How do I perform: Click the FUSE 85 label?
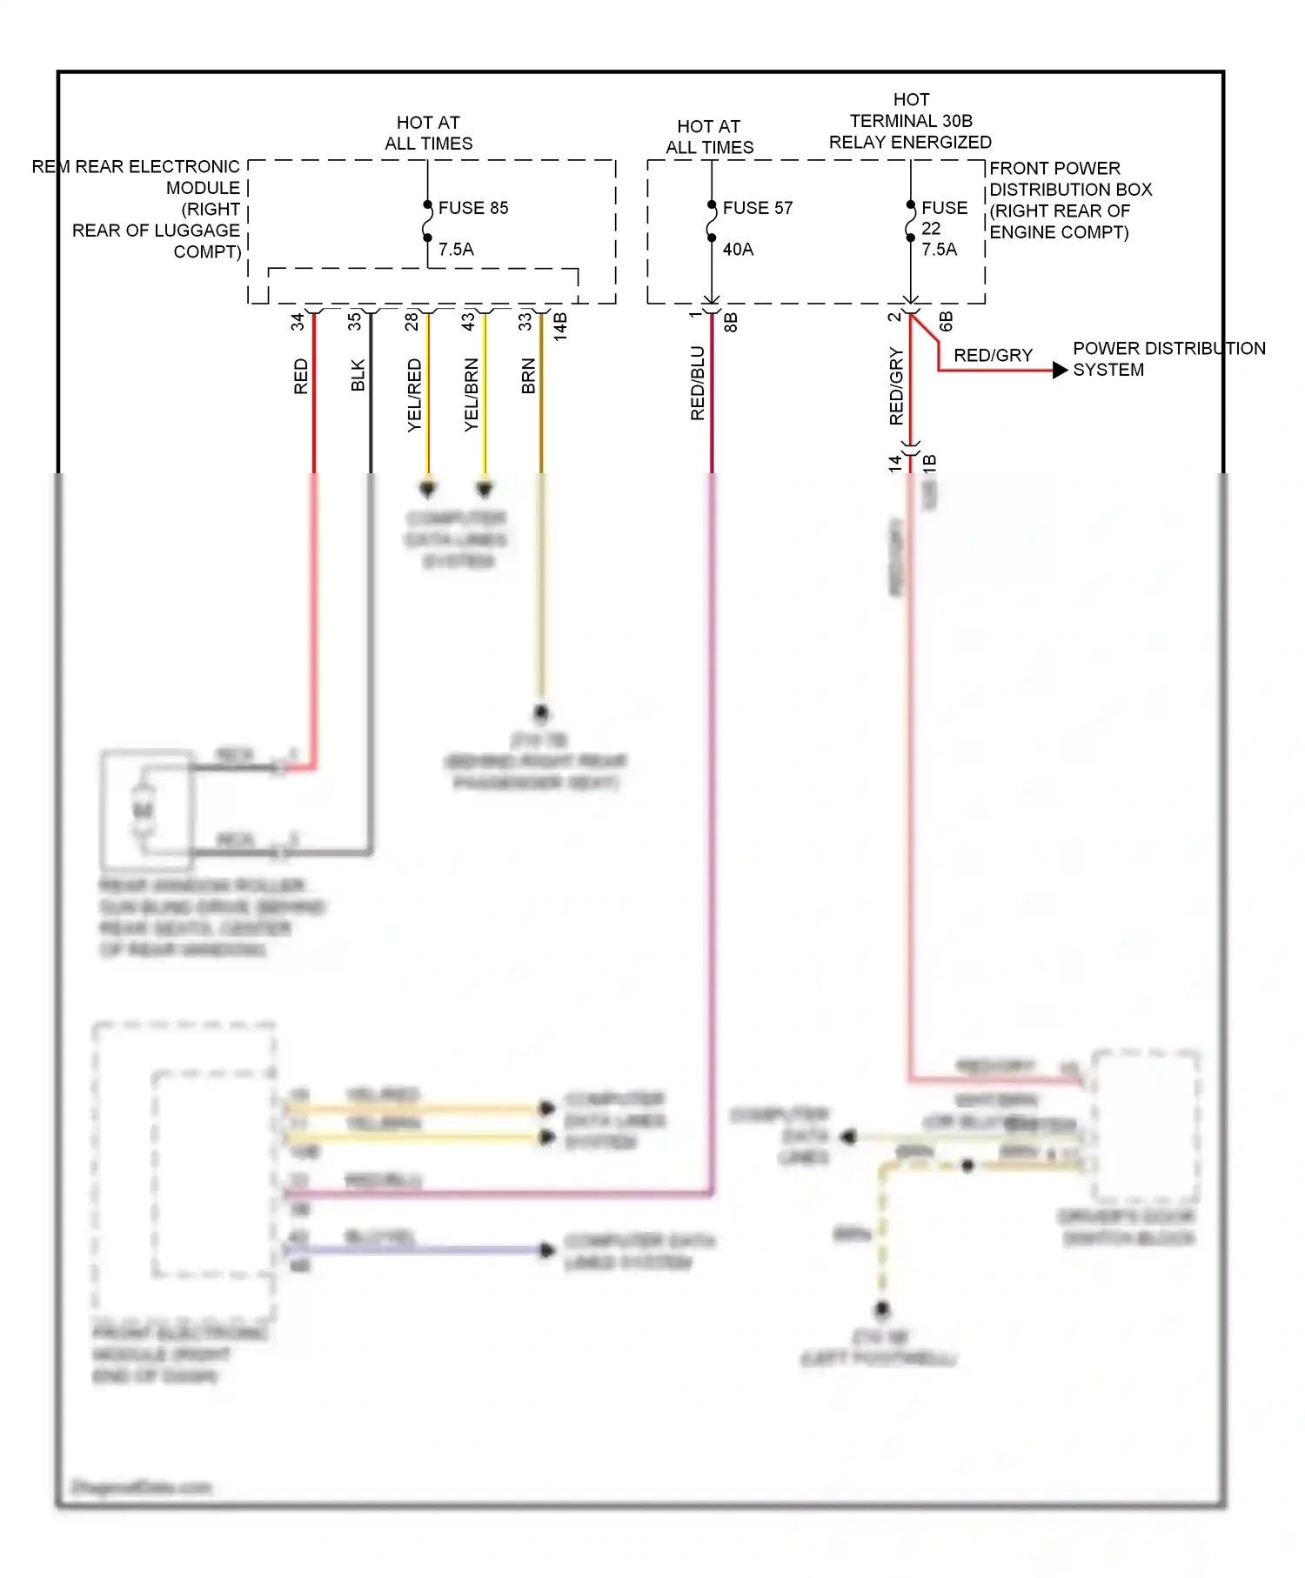tap(472, 208)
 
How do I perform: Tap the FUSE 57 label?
tap(757, 208)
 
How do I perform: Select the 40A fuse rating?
tap(738, 250)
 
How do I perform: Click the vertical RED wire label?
tap(301, 377)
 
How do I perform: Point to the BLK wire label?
tap(358, 376)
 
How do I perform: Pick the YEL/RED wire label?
tap(414, 396)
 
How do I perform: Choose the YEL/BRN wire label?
tap(472, 395)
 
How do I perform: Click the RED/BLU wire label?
tap(698, 384)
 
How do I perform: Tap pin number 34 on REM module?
tap(298, 321)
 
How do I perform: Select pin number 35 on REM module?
tap(354, 321)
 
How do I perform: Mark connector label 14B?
tap(561, 325)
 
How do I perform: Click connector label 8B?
tap(731, 322)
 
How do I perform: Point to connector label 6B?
tap(947, 322)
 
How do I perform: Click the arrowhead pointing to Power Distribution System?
tap(1060, 371)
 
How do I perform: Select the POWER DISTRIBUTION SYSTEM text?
tap(1168, 359)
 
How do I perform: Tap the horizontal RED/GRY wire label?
tap(993, 356)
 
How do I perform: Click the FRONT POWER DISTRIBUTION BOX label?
tap(1070, 200)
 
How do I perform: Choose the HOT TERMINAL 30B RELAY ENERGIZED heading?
tap(910, 121)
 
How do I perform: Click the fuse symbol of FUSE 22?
tap(911, 222)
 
